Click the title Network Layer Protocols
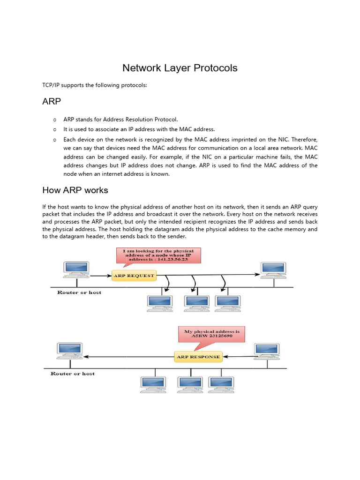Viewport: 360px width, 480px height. point(180,68)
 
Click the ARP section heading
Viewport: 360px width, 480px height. point(52,101)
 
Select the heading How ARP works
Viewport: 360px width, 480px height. point(75,190)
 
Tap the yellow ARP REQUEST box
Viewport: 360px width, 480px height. point(134,276)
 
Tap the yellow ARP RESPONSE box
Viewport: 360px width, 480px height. point(198,357)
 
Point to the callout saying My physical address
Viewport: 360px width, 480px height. point(211,334)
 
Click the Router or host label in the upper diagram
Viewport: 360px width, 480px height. point(79,292)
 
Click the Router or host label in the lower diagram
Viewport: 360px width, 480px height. point(72,374)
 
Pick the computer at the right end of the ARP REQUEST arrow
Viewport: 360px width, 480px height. point(274,270)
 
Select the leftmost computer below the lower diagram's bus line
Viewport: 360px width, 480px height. point(153,384)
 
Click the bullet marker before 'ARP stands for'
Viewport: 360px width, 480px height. point(55,120)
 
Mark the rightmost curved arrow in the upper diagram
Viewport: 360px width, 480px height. point(224,281)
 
